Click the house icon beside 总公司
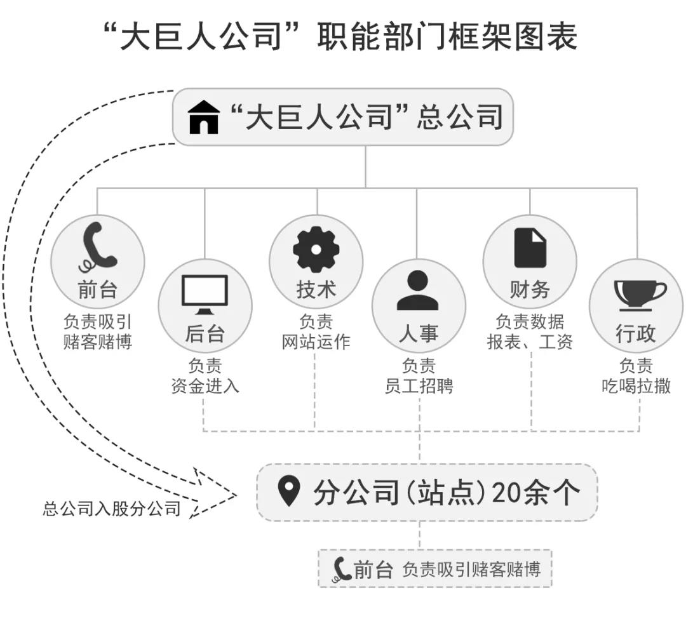[x=203, y=117]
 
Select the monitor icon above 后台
[x=205, y=294]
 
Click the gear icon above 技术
[x=316, y=250]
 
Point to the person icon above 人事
[x=417, y=291]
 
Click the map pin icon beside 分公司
[x=289, y=492]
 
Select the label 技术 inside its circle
[x=316, y=290]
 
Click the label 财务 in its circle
[x=530, y=290]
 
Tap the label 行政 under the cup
[x=636, y=333]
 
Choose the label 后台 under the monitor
[x=205, y=333]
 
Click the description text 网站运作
[x=316, y=342]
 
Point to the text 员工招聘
[x=419, y=385]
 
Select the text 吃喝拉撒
[x=636, y=385]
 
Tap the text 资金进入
[x=205, y=385]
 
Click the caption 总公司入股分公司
[x=112, y=509]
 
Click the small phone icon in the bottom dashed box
[x=342, y=569]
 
